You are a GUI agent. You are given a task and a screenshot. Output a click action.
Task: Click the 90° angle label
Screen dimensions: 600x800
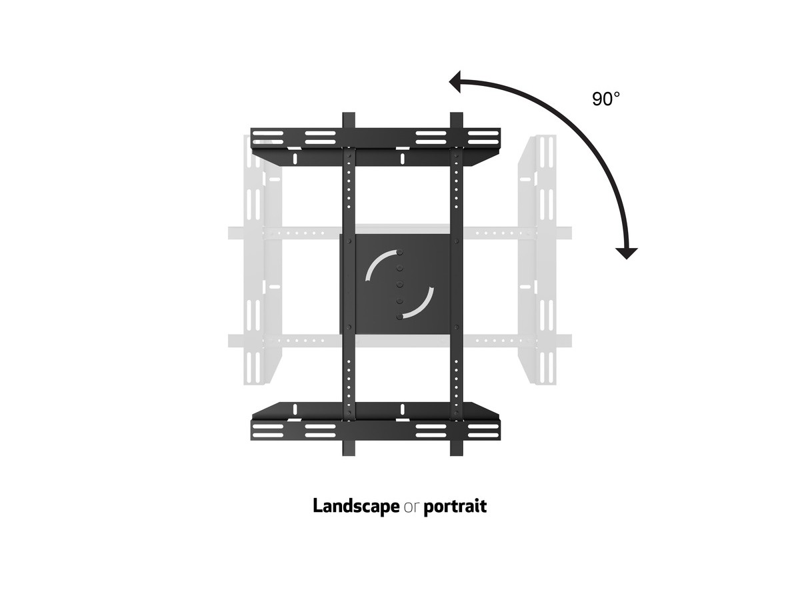606,99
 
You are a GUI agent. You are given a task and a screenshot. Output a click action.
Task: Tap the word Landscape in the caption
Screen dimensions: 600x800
356,506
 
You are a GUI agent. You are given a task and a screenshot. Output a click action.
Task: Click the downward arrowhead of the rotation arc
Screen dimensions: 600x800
627,253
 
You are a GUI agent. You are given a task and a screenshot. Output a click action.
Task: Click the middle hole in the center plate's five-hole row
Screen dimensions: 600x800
400,284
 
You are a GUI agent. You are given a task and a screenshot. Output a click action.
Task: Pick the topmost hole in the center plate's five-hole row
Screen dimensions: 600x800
400,253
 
